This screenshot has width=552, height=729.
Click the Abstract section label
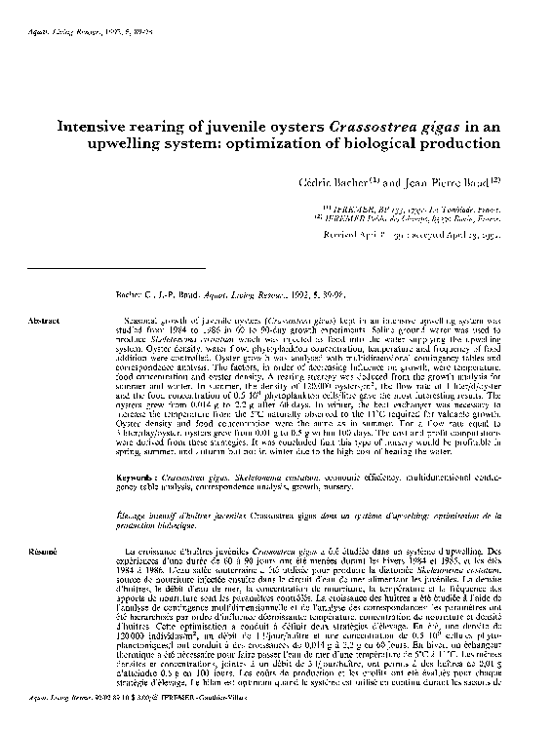(45, 320)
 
